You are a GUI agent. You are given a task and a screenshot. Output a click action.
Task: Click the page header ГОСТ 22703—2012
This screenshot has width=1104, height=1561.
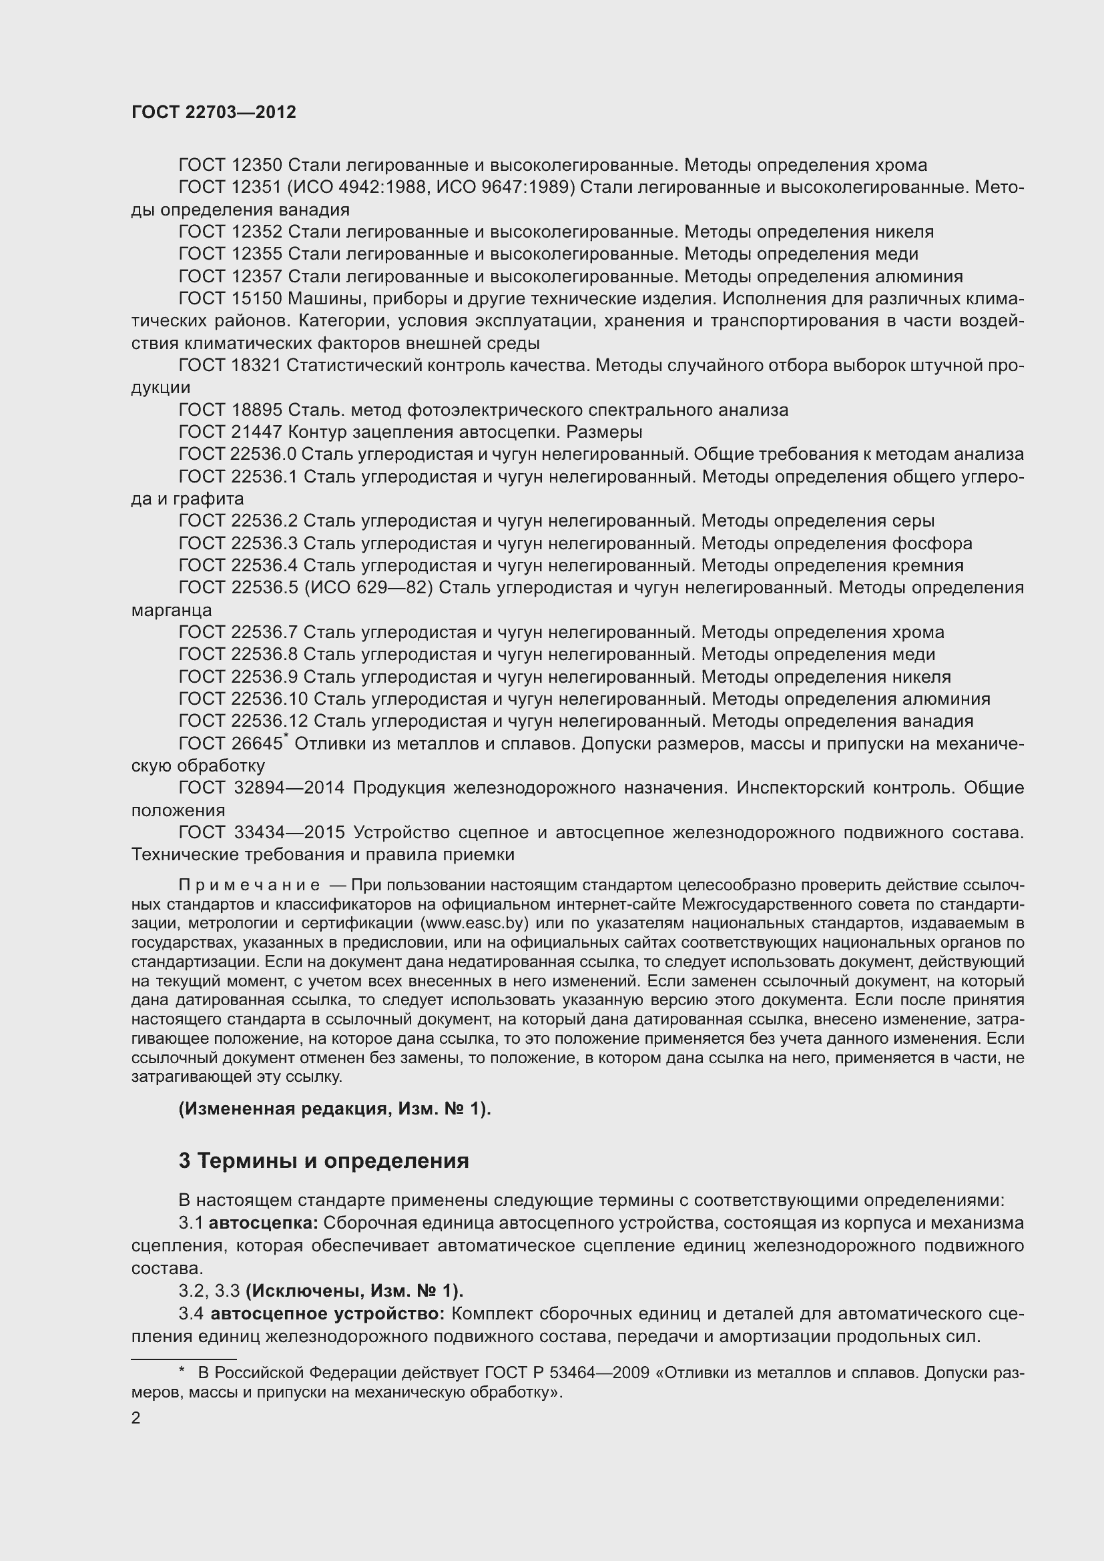pyautogui.click(x=214, y=113)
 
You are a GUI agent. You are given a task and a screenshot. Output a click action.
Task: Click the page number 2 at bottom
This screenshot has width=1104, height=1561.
pyautogui.click(x=136, y=1418)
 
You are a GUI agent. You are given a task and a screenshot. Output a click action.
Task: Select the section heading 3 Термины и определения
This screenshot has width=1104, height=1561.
pyautogui.click(x=324, y=1161)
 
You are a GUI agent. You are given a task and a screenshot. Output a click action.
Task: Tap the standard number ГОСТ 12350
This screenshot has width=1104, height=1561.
pyautogui.click(x=230, y=166)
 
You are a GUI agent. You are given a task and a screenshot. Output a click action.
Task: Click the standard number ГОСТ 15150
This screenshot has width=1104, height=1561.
pyautogui.click(x=230, y=298)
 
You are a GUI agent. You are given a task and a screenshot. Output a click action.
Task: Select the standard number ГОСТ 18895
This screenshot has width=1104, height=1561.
pyautogui.click(x=230, y=410)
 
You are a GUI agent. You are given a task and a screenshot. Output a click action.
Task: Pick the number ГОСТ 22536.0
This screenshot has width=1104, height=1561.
pyautogui.click(x=237, y=454)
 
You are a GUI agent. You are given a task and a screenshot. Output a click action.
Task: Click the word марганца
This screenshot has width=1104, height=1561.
pyautogui.click(x=172, y=610)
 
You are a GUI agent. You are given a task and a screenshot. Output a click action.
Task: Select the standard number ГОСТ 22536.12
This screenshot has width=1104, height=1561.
pyautogui.click(x=243, y=721)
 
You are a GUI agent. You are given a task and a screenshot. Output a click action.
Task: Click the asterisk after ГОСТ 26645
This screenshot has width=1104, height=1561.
pyautogui.click(x=286, y=736)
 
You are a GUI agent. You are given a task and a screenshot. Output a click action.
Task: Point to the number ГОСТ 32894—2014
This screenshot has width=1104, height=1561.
pyautogui.click(x=262, y=788)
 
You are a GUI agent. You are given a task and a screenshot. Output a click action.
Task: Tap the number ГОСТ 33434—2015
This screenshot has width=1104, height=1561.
pyautogui.click(x=262, y=832)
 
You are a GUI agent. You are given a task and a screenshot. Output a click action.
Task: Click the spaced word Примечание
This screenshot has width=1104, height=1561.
pyautogui.click(x=249, y=885)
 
